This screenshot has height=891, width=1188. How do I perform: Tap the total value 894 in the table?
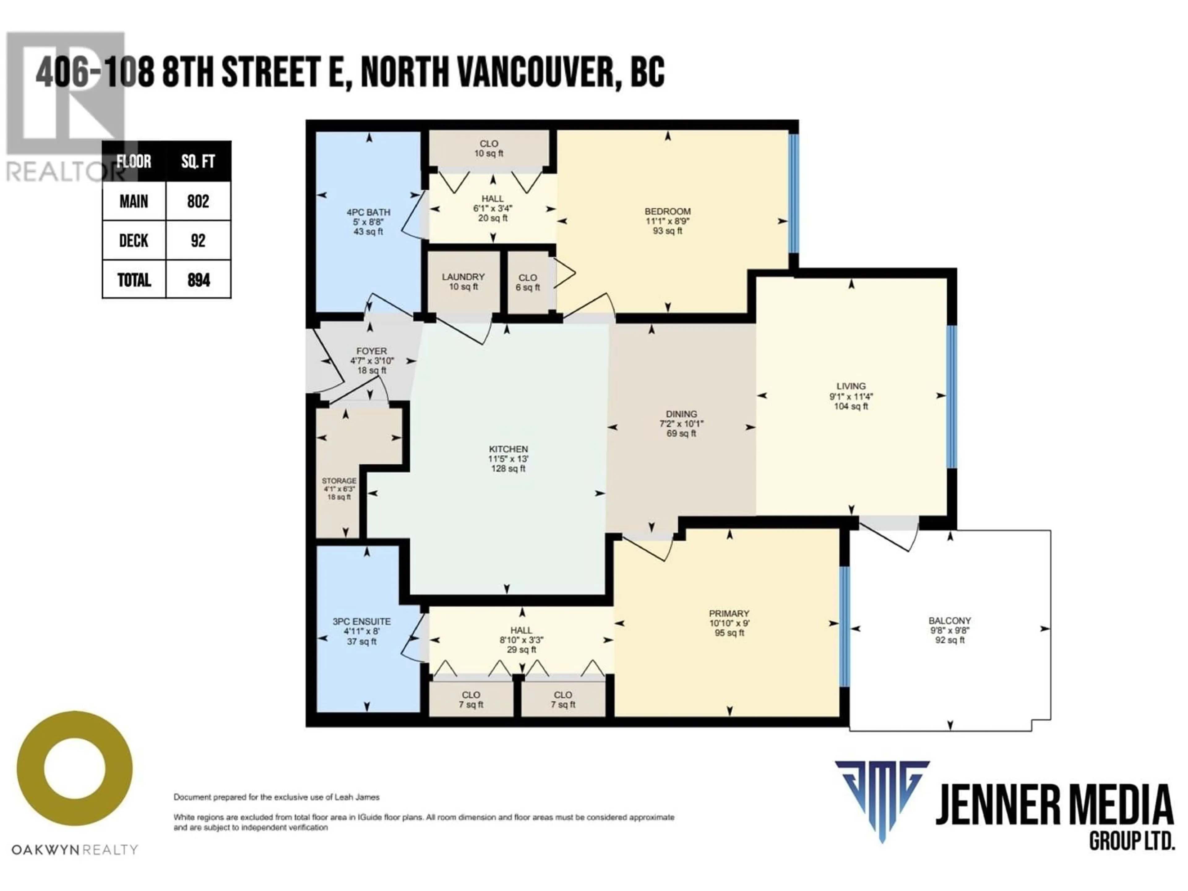tap(198, 279)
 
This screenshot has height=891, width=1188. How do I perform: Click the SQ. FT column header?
tap(198, 161)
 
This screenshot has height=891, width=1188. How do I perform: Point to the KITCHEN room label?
tap(508, 449)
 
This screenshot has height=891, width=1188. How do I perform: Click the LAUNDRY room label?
tap(463, 277)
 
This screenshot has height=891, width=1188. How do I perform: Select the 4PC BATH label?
tap(368, 212)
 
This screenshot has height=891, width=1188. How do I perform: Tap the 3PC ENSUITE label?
tap(361, 622)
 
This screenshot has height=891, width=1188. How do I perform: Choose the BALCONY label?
tap(949, 620)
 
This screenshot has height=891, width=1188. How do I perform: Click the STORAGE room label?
tap(339, 481)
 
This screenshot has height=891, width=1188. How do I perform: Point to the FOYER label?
tap(371, 351)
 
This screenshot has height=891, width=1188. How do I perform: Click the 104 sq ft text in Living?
tap(851, 407)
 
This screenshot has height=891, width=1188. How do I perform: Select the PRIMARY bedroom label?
tap(729, 613)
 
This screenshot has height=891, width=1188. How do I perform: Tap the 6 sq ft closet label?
tap(527, 287)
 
